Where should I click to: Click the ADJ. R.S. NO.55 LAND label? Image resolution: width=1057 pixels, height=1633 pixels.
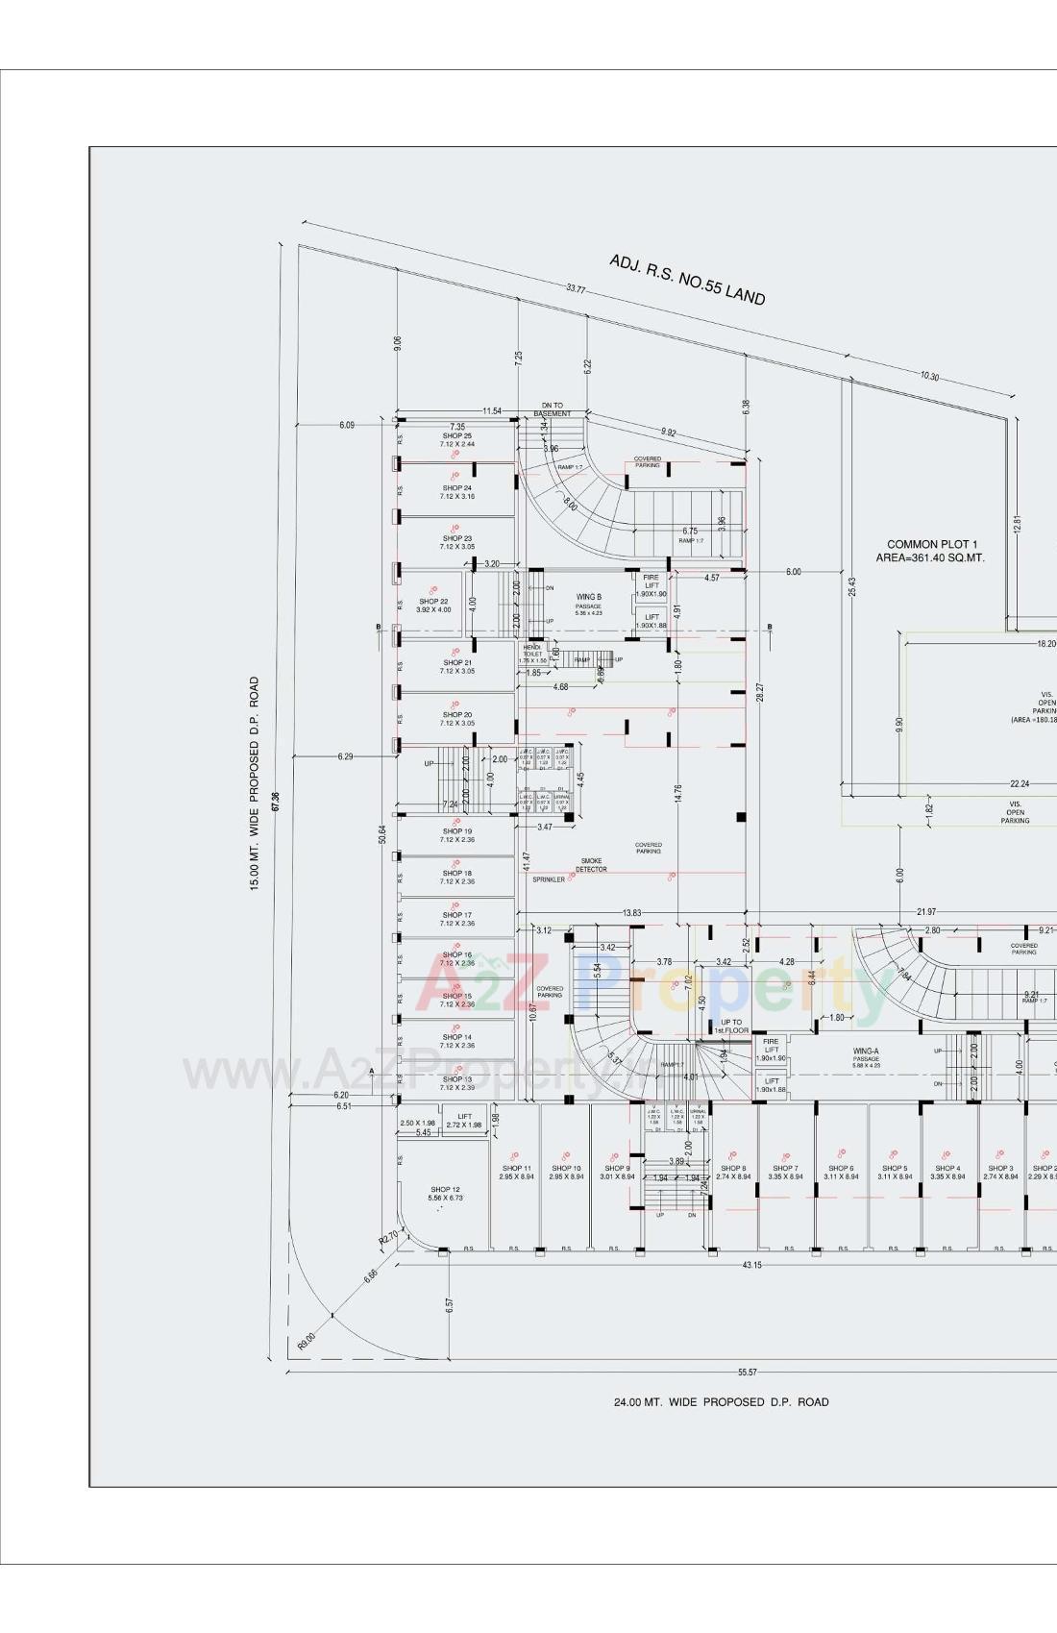[x=687, y=280]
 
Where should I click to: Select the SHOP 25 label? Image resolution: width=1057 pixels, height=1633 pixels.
[x=457, y=436]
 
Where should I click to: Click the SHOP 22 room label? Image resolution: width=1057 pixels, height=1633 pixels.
[x=433, y=602]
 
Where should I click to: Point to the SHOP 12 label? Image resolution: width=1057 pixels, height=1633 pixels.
[x=445, y=1190]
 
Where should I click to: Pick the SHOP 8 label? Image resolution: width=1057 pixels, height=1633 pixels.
[x=733, y=1169]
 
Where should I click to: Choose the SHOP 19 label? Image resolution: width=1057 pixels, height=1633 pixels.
[x=457, y=831]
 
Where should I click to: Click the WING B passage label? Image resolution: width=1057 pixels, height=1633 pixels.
[x=588, y=598]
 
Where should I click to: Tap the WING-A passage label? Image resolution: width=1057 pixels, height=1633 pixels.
[x=865, y=1052]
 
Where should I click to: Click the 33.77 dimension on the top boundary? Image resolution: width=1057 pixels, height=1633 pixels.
[x=576, y=288]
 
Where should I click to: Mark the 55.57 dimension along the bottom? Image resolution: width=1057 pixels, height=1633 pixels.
[x=747, y=1373]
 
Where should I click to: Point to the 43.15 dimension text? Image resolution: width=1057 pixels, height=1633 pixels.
[x=751, y=1265]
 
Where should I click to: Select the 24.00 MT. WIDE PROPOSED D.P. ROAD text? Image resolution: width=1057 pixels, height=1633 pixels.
[x=721, y=1402]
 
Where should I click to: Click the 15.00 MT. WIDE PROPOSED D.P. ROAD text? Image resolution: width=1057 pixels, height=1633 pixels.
[x=255, y=783]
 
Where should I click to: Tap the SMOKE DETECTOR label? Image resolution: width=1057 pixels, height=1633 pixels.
[x=591, y=865]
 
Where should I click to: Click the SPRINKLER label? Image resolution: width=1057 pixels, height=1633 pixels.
[x=549, y=879]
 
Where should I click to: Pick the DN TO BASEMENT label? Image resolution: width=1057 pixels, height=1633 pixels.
[x=553, y=409]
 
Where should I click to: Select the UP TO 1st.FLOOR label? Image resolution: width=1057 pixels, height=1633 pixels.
[x=731, y=1027]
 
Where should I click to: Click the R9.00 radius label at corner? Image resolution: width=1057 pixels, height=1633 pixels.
[x=306, y=1340]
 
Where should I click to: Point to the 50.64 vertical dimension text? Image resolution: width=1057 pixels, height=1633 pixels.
[x=382, y=834]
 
